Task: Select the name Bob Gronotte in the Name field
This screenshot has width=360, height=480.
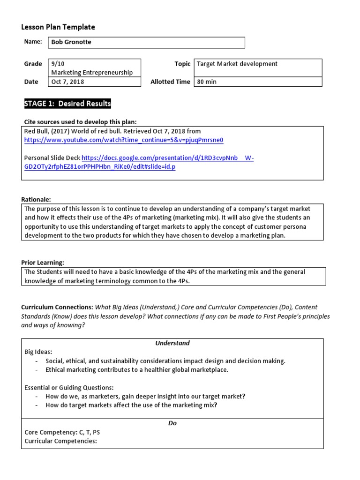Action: [x=71, y=42]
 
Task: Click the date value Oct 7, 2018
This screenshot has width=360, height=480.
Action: [x=67, y=82]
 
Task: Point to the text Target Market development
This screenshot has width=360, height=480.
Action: [x=237, y=64]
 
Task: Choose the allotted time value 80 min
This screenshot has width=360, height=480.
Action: [x=207, y=82]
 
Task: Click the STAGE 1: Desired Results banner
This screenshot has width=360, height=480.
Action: [x=67, y=104]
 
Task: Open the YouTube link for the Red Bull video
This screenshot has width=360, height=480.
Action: [x=124, y=140]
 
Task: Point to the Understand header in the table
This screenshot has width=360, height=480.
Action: [x=172, y=343]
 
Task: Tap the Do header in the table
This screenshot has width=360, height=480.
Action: [x=172, y=423]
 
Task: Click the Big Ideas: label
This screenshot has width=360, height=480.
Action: [x=38, y=352]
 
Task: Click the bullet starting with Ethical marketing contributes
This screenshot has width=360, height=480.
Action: [x=136, y=370]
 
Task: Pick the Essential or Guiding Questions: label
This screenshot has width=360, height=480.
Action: [x=68, y=388]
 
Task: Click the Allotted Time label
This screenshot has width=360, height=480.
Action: [x=170, y=82]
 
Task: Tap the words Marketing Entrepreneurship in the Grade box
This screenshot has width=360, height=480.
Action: [x=92, y=72]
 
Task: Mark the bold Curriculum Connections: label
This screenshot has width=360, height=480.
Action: [x=57, y=307]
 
